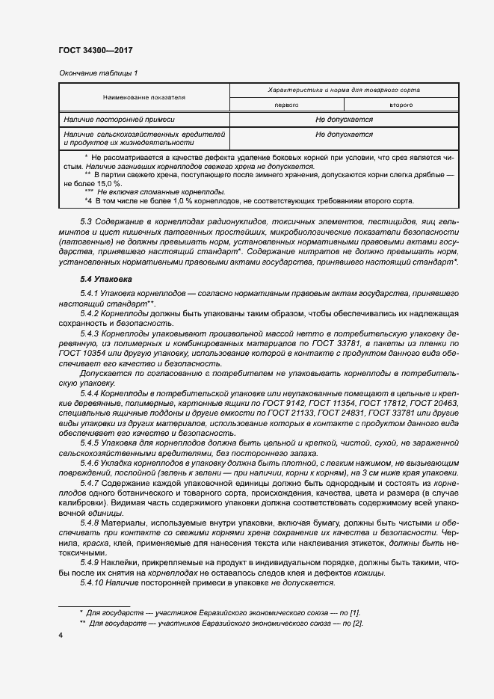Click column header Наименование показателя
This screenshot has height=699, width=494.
144,97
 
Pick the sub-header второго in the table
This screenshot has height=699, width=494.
401,105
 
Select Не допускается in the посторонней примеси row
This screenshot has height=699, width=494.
344,120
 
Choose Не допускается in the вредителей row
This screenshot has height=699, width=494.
344,135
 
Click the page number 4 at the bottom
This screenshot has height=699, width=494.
60,635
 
